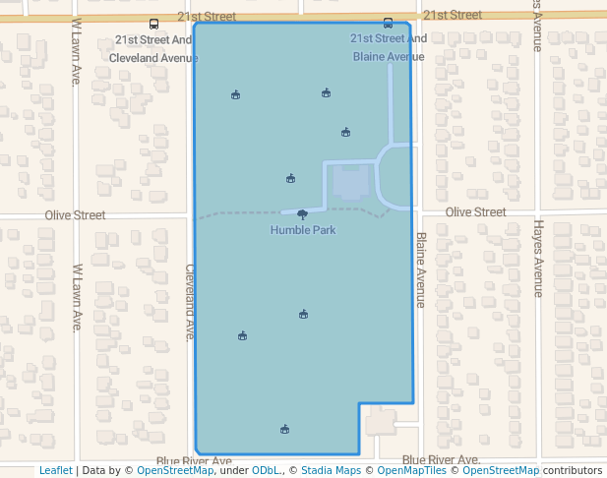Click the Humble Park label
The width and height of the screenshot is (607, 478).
[x=303, y=230]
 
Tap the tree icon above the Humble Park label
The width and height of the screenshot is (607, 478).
[x=302, y=213]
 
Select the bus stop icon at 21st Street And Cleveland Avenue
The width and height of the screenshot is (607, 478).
[x=152, y=24]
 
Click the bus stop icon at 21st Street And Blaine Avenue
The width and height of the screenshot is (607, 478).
[x=388, y=24]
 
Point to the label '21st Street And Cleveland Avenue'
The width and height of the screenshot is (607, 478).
[x=153, y=48]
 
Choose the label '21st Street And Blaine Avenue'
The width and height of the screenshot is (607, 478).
[x=389, y=47]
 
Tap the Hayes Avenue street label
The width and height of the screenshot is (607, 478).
[x=537, y=259]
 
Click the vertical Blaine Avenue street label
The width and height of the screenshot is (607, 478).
[x=420, y=269]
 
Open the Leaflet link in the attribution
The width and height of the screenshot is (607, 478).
[x=55, y=470]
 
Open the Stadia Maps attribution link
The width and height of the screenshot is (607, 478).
[x=329, y=470]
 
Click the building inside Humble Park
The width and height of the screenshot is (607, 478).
[x=351, y=183]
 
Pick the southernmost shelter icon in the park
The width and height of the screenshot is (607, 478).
[x=284, y=429]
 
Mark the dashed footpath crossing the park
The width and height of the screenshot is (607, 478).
[x=236, y=214]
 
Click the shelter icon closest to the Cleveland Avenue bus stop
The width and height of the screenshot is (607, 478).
[x=235, y=95]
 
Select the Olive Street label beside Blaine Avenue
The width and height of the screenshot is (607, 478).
[x=475, y=212]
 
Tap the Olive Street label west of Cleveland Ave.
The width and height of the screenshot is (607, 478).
[x=75, y=214]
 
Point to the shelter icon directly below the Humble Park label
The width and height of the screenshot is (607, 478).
[x=304, y=315]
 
